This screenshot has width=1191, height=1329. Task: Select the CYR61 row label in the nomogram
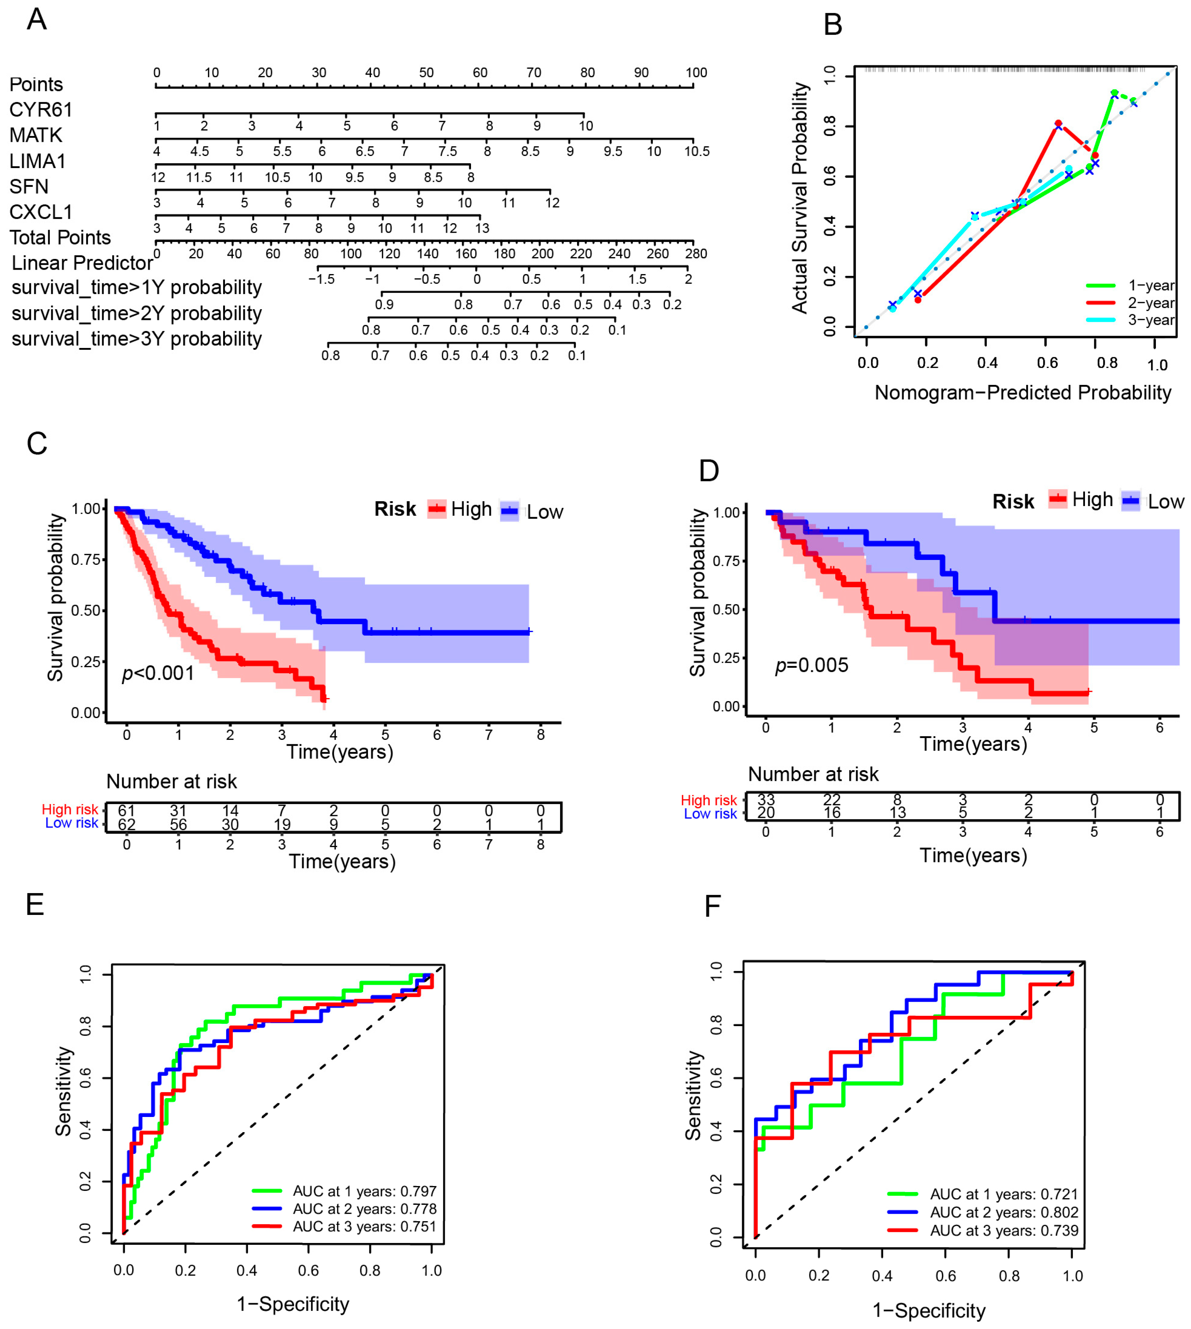41,110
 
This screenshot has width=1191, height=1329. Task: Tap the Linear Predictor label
82,263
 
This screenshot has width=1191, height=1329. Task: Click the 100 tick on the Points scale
696,73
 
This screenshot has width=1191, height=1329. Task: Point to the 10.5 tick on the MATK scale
696,151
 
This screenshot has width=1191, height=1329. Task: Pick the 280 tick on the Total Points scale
696,254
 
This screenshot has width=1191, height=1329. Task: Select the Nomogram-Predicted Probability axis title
1022,393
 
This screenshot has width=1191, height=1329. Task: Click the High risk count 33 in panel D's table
766,800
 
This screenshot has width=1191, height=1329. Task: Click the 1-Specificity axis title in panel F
929,1311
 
